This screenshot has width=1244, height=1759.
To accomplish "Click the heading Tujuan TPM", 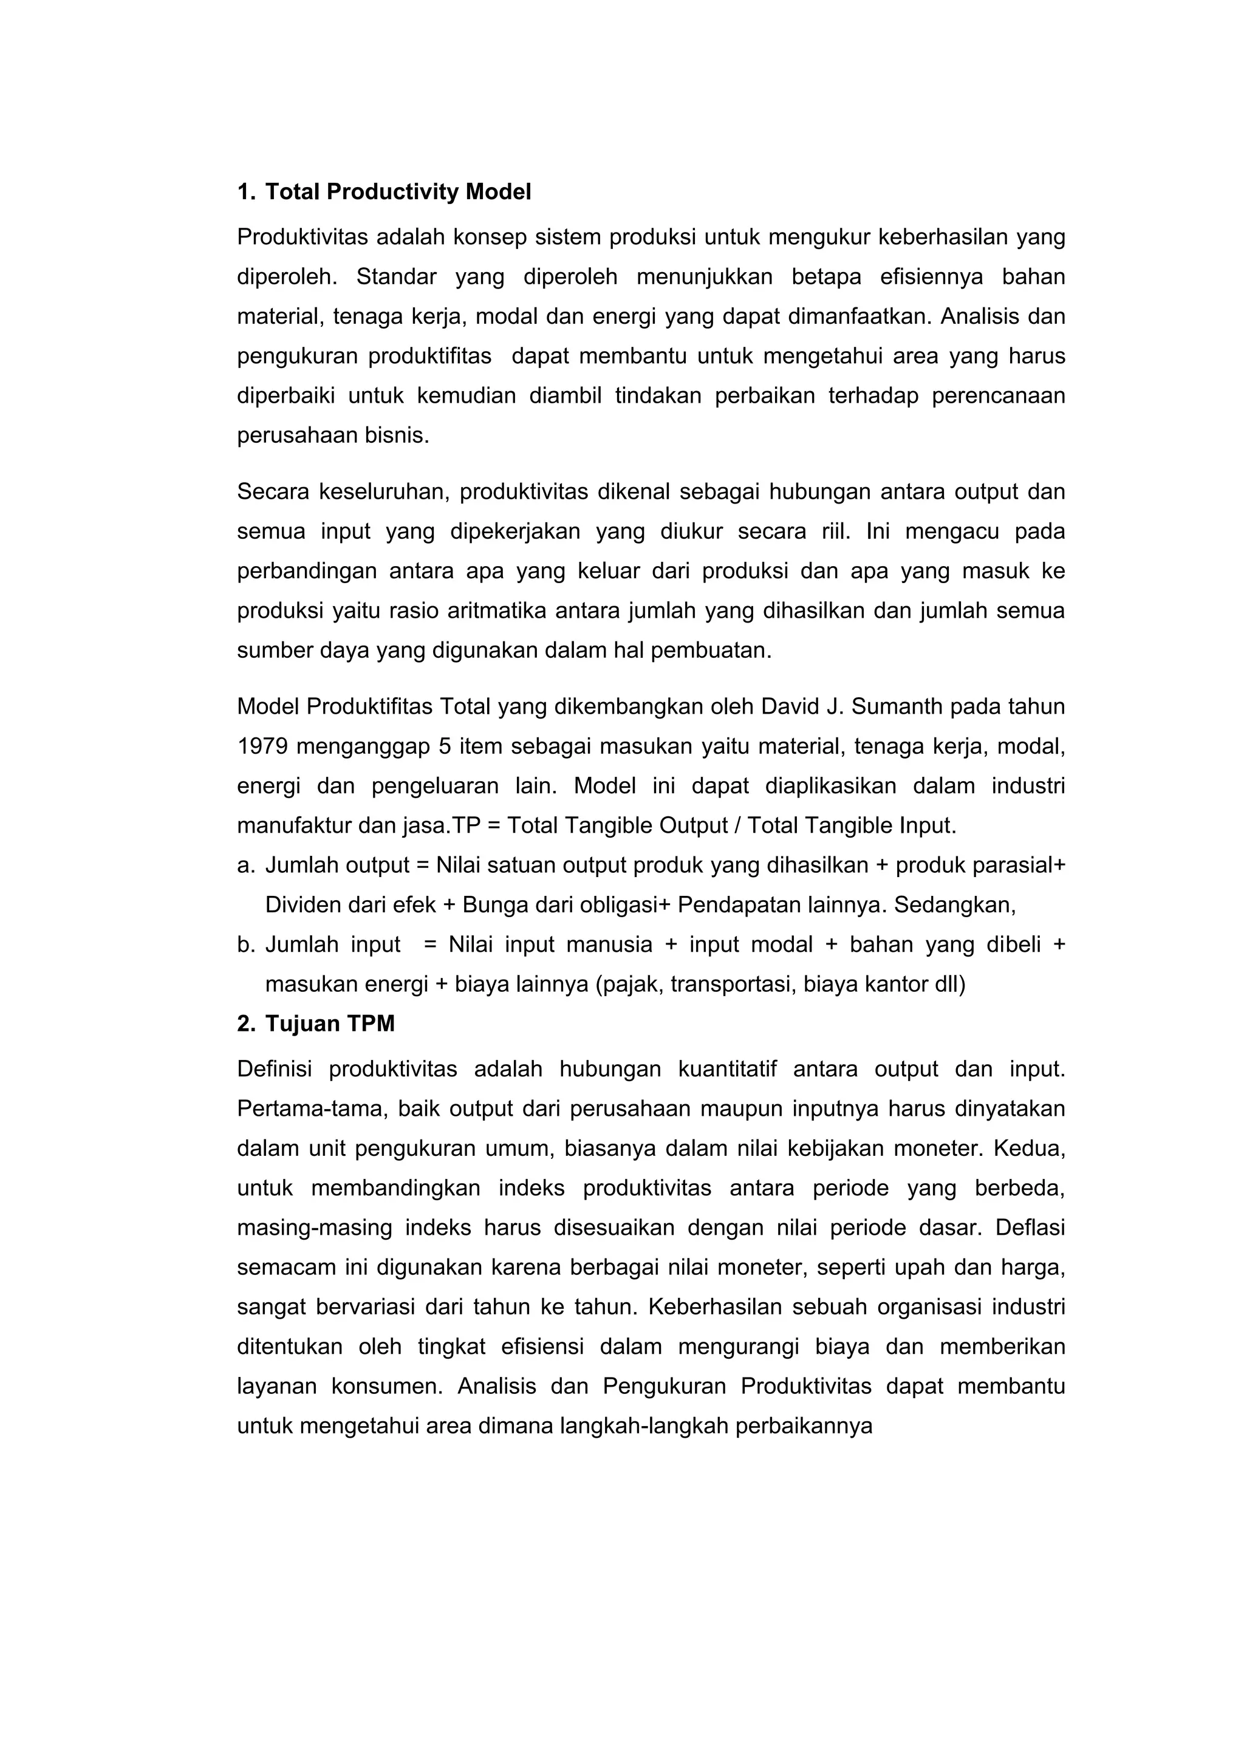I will [x=329, y=1023].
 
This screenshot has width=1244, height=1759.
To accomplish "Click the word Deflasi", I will [x=1030, y=1228].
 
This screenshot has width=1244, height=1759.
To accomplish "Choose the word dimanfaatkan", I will [x=860, y=316].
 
